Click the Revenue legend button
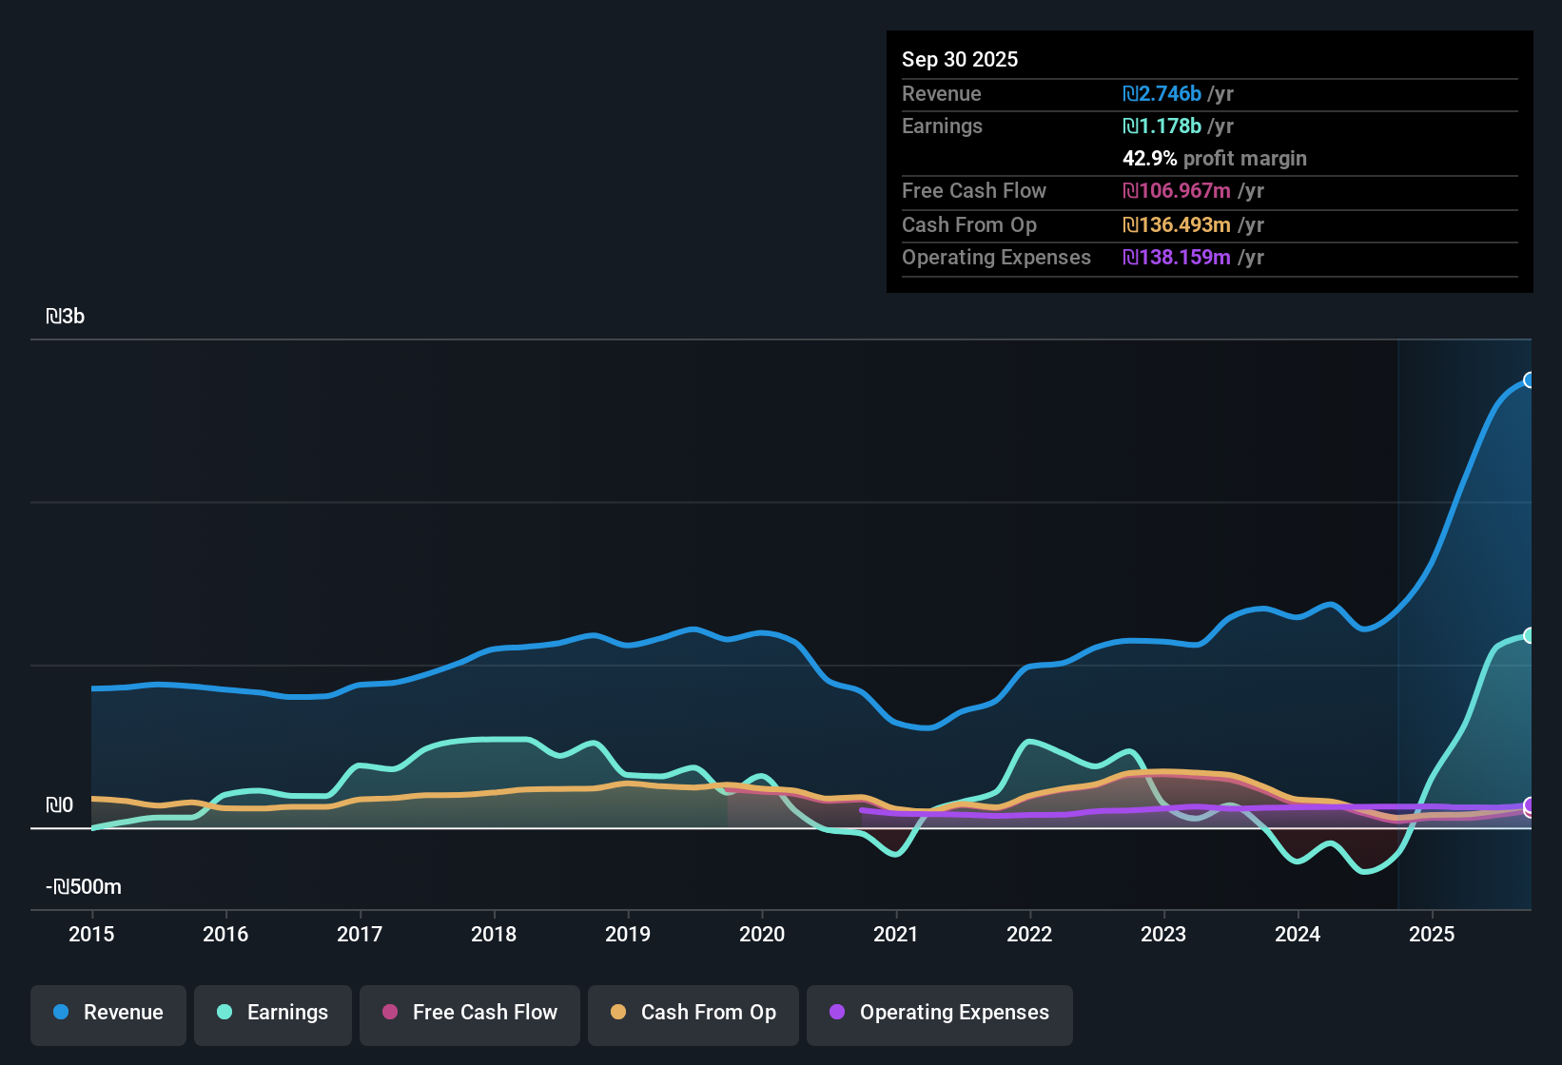(x=108, y=1013)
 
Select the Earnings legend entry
(x=273, y=1013)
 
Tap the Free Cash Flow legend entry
(x=470, y=1013)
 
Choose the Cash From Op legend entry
(x=693, y=1013)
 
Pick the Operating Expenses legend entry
(x=940, y=1013)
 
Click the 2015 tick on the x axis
(x=91, y=934)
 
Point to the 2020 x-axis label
(x=762, y=934)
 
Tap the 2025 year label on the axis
(x=1432, y=934)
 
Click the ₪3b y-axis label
(x=65, y=317)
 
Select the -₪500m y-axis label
(x=84, y=887)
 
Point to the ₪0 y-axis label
(x=59, y=805)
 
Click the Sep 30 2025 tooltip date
(x=960, y=59)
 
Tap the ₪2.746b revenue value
(x=1162, y=93)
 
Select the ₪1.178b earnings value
(x=1162, y=126)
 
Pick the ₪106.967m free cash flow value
(x=1176, y=190)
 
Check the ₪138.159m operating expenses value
(x=1176, y=257)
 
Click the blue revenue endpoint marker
(x=1529, y=380)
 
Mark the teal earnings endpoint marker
(x=1529, y=635)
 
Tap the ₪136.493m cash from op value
(x=1176, y=224)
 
